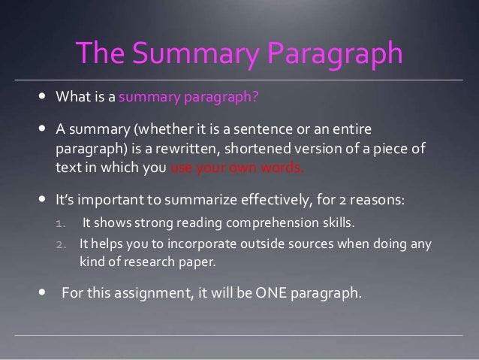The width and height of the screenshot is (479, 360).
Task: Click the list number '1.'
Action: (62, 222)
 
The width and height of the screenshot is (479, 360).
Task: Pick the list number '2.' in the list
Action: (62, 244)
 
